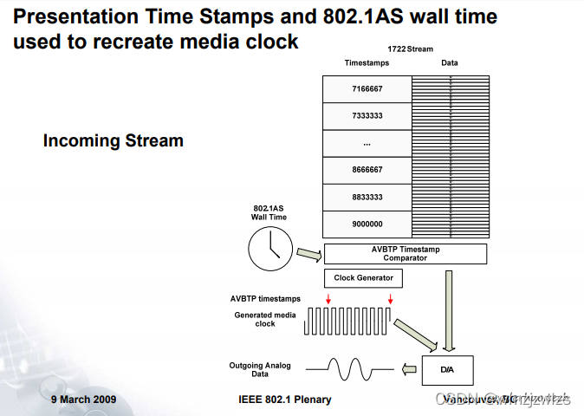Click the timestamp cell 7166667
(367, 89)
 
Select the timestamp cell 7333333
(367, 116)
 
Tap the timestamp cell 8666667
(367, 171)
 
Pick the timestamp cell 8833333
(367, 198)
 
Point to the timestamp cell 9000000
(367, 224)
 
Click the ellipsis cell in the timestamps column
(367, 143)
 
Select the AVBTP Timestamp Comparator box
(405, 253)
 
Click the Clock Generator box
(363, 278)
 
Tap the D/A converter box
(447, 369)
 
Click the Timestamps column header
(367, 62)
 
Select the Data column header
(449, 62)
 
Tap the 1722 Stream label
(410, 49)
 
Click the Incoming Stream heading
(113, 140)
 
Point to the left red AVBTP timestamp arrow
(328, 299)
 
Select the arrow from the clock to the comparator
(308, 254)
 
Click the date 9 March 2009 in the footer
(83, 400)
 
